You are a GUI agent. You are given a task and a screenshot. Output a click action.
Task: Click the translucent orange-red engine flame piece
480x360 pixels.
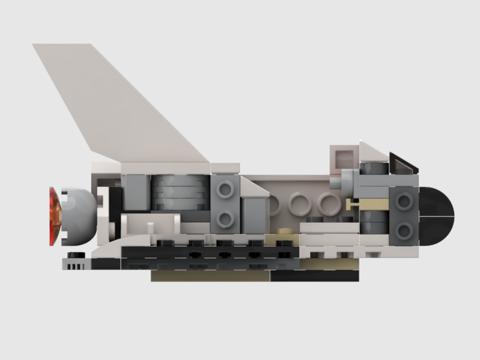54,216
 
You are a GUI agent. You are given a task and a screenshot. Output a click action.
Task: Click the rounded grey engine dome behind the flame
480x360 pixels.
79,216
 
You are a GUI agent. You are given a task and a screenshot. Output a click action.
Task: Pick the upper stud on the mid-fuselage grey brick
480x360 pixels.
225,190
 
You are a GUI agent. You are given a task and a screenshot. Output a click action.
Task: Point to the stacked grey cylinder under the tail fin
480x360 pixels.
180,192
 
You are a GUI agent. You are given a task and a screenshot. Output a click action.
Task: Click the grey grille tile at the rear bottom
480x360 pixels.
76,264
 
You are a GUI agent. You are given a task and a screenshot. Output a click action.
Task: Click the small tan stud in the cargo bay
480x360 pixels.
287,231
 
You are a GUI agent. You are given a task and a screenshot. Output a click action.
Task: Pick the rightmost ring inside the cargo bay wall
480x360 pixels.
329,204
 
